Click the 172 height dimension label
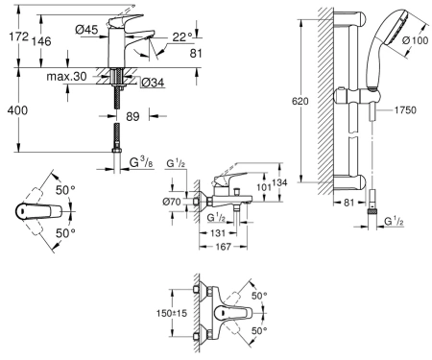pyautogui.click(x=18, y=36)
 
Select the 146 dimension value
pyautogui.click(x=41, y=41)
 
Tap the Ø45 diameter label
pyautogui.click(x=86, y=30)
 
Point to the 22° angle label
pyautogui.click(x=182, y=37)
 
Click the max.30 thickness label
pyautogui.click(x=66, y=77)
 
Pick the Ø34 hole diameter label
pyautogui.click(x=153, y=83)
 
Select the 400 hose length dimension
pyautogui.click(x=17, y=110)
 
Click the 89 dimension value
pyautogui.click(x=132, y=116)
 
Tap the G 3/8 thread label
pyautogui.click(x=141, y=163)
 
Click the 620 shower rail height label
pyautogui.click(x=300, y=102)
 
